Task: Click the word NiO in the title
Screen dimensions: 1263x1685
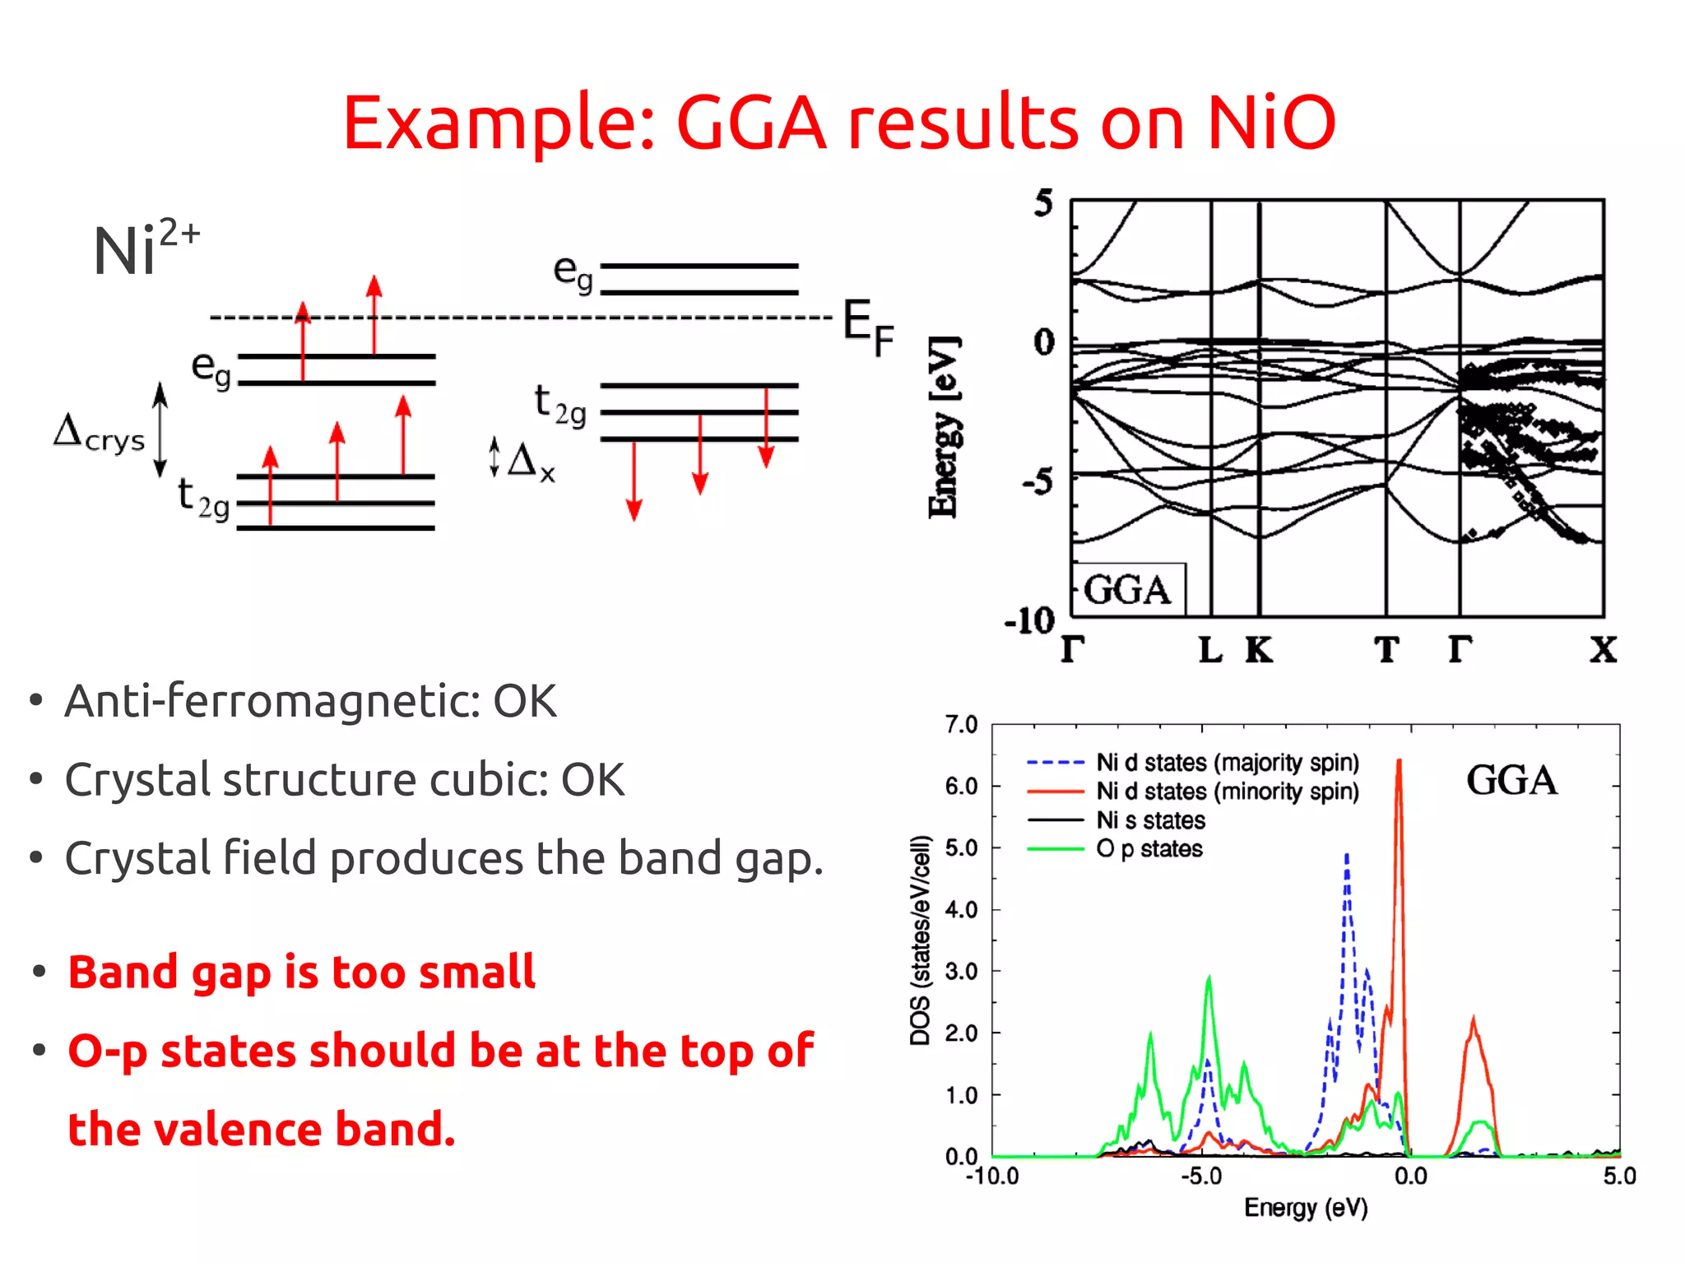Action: pos(1270,123)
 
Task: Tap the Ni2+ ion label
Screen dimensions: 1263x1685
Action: pos(144,247)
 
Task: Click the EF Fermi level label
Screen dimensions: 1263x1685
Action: pos(867,327)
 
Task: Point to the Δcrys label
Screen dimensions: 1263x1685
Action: pos(99,433)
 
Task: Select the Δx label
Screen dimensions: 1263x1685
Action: pos(531,461)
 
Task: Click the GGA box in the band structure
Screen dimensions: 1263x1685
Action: pos(1127,590)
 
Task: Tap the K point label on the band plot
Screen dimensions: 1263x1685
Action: pos(1258,650)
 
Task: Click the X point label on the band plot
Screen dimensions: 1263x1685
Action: pos(1602,650)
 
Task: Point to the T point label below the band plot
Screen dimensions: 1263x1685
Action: pos(1386,650)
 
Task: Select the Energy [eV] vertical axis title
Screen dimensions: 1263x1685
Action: pos(944,428)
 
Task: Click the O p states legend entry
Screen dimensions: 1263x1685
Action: pos(1149,849)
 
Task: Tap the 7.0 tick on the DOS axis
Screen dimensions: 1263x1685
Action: pos(961,725)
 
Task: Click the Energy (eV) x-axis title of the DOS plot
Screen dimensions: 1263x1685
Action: pos(1306,1208)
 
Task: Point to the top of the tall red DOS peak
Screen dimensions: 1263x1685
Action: pos(1399,762)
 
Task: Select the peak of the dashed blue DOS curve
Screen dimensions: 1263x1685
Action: pos(1347,856)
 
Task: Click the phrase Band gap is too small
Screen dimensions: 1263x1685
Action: pos(302,972)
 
